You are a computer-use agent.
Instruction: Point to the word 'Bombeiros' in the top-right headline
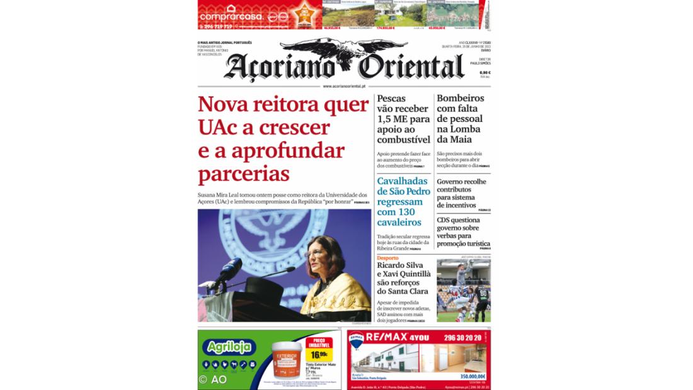(461, 98)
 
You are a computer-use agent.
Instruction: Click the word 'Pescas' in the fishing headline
(391, 98)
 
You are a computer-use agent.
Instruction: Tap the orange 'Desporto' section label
(388, 258)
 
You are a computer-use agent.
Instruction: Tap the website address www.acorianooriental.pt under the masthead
(344, 86)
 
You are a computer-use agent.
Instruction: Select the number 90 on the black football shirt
(483, 292)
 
